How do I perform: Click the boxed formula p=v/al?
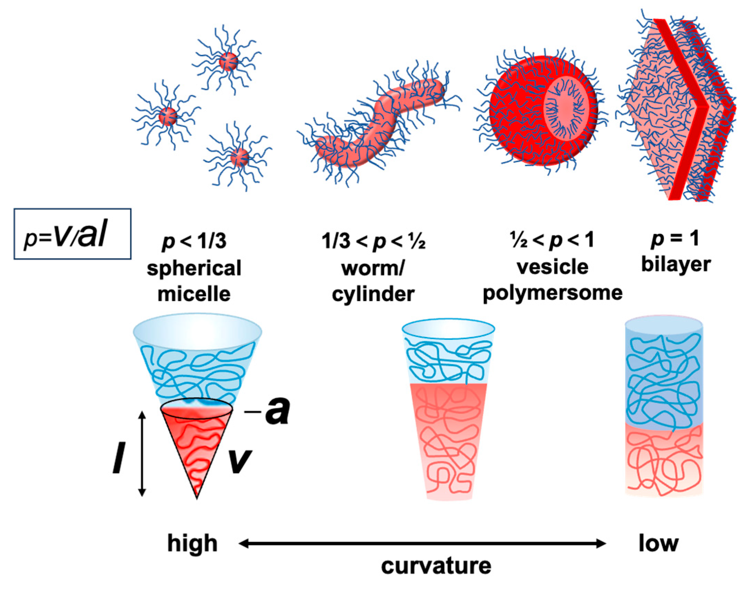72,234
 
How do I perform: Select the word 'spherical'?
194,268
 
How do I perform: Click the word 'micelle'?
194,294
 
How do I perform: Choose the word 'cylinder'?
373,294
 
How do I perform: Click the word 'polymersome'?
553,293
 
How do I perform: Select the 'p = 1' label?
675,238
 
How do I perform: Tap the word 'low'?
658,544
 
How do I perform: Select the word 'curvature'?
436,566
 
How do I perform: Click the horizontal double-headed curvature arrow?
422,544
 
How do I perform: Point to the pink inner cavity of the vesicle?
566,107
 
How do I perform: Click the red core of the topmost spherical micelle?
229,62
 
